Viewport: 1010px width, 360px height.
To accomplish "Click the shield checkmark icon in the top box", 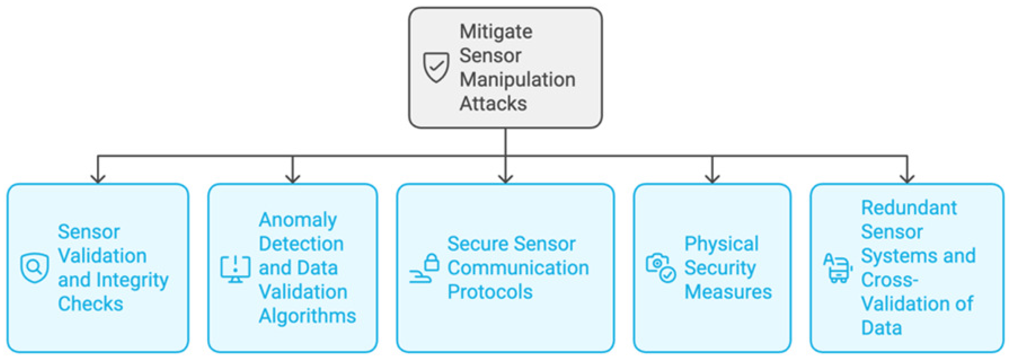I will (436, 67).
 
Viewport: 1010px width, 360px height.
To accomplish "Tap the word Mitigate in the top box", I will (496, 31).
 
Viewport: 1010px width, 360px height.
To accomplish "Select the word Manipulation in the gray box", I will (517, 80).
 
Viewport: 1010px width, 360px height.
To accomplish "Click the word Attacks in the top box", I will (493, 103).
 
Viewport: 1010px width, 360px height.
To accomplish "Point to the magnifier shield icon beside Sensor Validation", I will (34, 268).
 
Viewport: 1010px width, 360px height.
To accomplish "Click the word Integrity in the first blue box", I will (132, 280).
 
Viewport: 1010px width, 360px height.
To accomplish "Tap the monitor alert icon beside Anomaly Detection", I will (235, 269).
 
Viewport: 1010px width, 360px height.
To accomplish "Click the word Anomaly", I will (298, 220).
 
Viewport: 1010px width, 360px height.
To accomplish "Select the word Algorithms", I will (307, 316).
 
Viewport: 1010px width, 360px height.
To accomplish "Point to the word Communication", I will (518, 268).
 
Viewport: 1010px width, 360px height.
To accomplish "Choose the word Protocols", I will (490, 292).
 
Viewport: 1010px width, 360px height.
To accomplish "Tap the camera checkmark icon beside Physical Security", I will (660, 268).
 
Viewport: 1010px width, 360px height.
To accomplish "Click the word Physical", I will (721, 244).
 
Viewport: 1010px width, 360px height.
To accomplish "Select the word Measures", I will (728, 292).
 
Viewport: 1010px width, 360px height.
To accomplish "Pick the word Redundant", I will (909, 208).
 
